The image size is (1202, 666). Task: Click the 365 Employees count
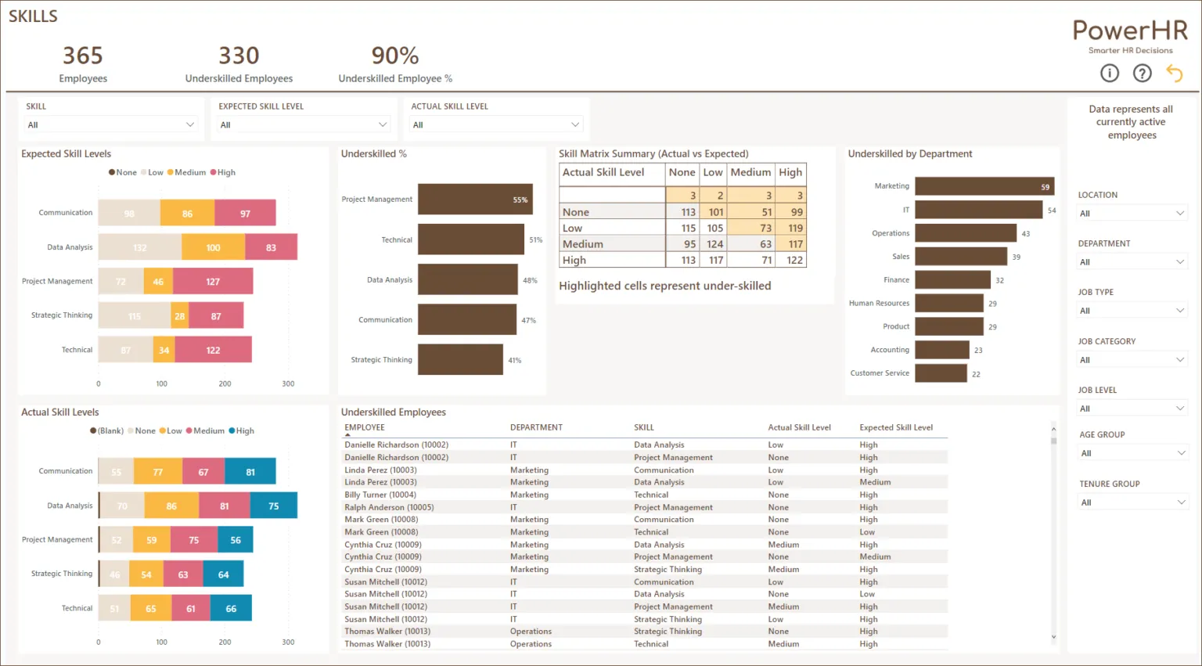(x=83, y=56)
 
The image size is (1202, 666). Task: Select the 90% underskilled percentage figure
(x=395, y=56)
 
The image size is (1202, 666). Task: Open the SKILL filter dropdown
(x=110, y=125)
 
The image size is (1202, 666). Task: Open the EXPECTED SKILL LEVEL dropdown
(x=303, y=125)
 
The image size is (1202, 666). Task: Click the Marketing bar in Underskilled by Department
(x=984, y=186)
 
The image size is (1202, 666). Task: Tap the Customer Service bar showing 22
(x=941, y=373)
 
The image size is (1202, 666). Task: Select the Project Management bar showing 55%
(x=475, y=200)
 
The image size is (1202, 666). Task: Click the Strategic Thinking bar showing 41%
(x=460, y=360)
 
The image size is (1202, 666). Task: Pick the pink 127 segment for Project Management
(x=213, y=282)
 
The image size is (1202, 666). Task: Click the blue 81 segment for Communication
(x=250, y=472)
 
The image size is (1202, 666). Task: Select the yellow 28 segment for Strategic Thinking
(x=180, y=316)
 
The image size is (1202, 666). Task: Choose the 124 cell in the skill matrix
(x=714, y=244)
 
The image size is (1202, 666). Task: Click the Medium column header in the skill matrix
(x=750, y=172)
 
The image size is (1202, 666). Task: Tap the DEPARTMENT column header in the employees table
(x=536, y=428)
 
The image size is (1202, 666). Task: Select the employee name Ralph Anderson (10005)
(x=389, y=507)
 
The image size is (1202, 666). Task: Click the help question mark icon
(x=1143, y=74)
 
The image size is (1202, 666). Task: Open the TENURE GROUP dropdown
(x=1132, y=502)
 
